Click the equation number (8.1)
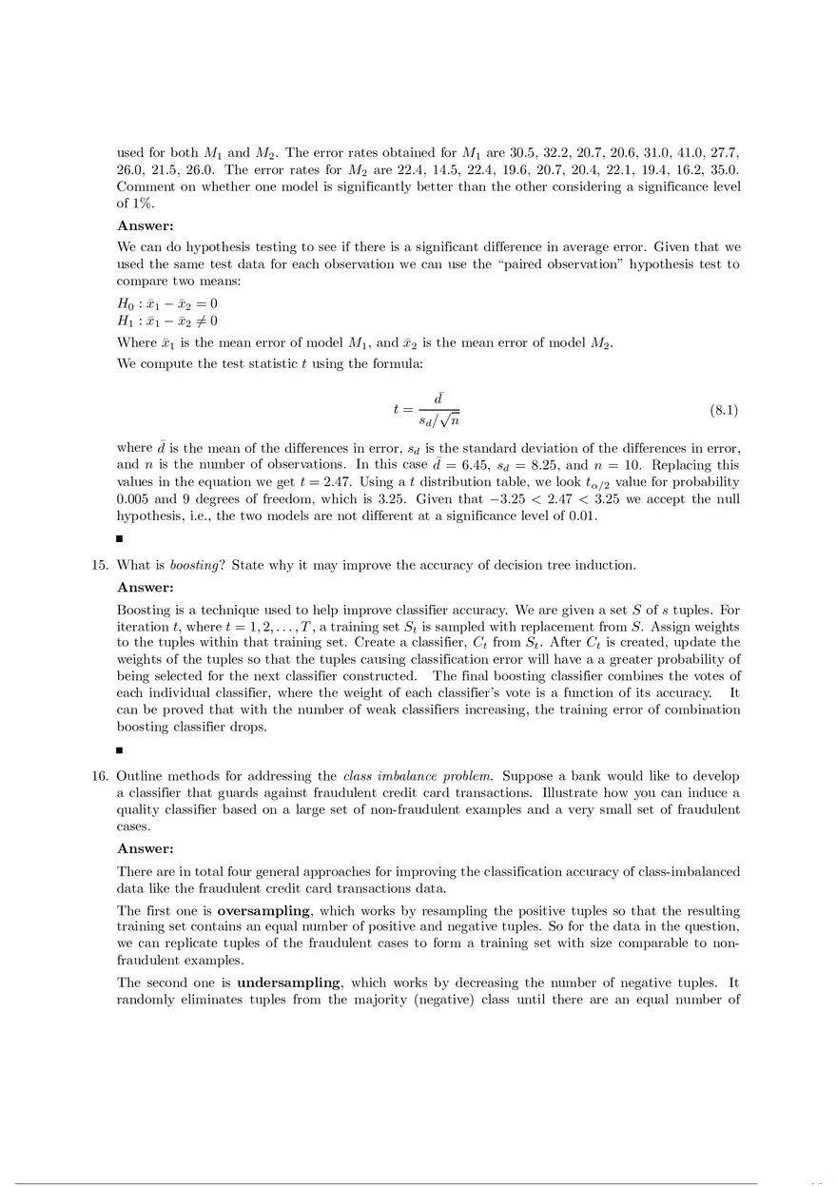[724, 410]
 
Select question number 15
[99, 565]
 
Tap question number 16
[99, 776]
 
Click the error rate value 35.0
[723, 169]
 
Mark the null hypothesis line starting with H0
[166, 303]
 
